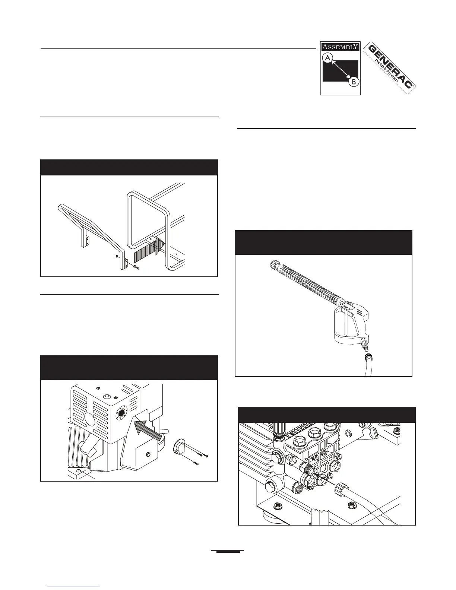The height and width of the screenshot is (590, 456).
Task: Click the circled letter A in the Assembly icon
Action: tap(328, 58)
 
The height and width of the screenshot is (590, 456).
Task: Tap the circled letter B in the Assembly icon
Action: tap(354, 82)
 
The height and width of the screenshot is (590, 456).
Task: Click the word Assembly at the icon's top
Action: tap(340, 47)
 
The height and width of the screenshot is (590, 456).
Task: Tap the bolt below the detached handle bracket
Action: tap(136, 268)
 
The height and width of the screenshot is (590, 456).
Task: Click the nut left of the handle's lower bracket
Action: tap(118, 257)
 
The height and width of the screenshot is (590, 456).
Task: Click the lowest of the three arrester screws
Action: tap(196, 464)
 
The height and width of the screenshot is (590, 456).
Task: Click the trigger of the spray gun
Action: tap(345, 320)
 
